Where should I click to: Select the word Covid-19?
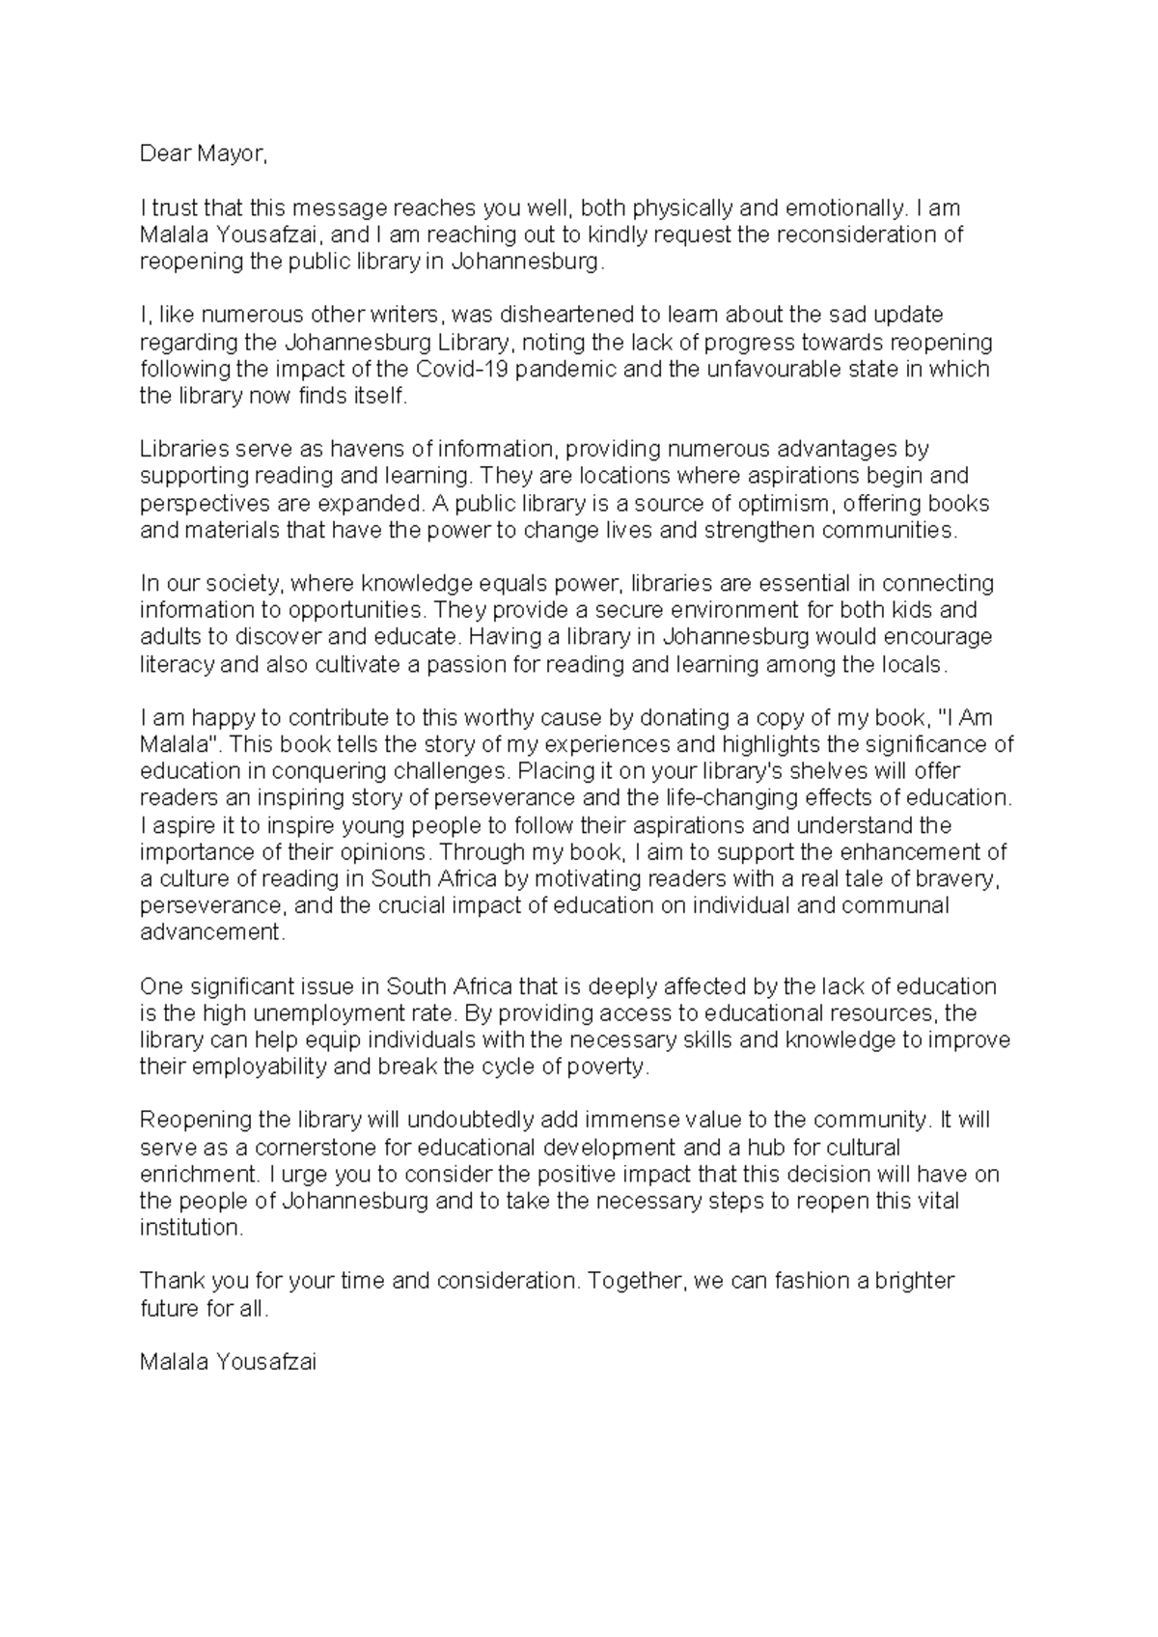(x=455, y=369)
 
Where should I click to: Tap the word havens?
(x=372, y=449)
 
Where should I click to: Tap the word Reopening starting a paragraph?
(x=196, y=1121)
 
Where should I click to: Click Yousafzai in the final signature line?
(x=266, y=1362)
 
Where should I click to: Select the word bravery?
(x=952, y=878)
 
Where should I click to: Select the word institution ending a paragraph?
(x=190, y=1228)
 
